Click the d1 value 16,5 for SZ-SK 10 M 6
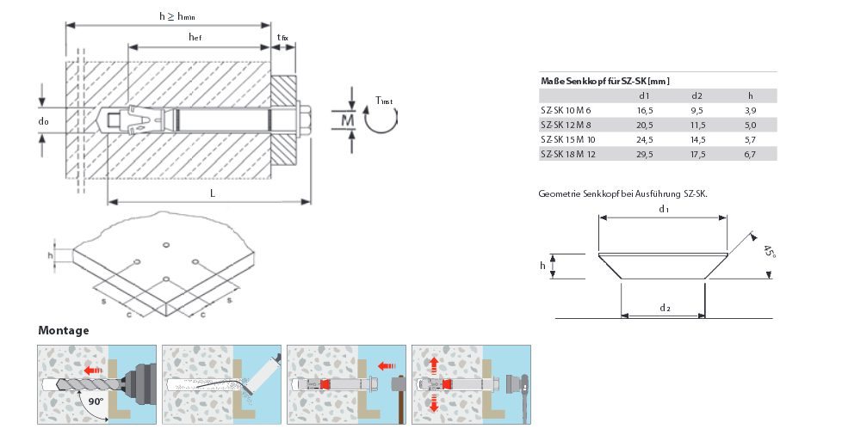pyautogui.click(x=644, y=111)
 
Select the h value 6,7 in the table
pyautogui.click(x=750, y=155)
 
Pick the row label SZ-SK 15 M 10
pyautogui.click(x=568, y=140)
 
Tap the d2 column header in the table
pyautogui.click(x=697, y=96)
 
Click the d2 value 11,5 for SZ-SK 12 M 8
pyautogui.click(x=697, y=126)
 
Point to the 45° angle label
pyautogui.click(x=770, y=251)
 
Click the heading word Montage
pyautogui.click(x=64, y=330)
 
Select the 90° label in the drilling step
pyautogui.click(x=96, y=401)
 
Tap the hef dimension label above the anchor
pyautogui.click(x=195, y=37)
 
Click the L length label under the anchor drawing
pyautogui.click(x=213, y=193)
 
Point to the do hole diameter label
pyautogui.click(x=44, y=121)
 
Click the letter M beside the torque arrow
pyautogui.click(x=348, y=120)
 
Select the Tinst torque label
pyautogui.click(x=383, y=101)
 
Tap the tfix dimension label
pyautogui.click(x=282, y=37)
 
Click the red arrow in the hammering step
pyautogui.click(x=387, y=366)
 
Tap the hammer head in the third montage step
pyautogui.click(x=397, y=384)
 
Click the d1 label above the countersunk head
pyautogui.click(x=664, y=209)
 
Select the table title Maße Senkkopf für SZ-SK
pyautogui.click(x=605, y=82)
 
